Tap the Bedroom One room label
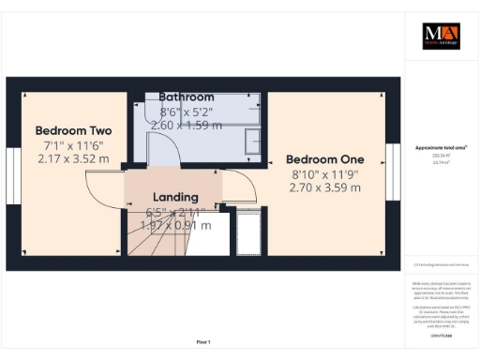323,158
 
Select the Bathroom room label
186,97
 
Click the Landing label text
175,197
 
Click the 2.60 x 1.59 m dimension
186,125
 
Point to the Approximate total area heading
441,147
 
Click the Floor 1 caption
202,341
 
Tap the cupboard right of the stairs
249,232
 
